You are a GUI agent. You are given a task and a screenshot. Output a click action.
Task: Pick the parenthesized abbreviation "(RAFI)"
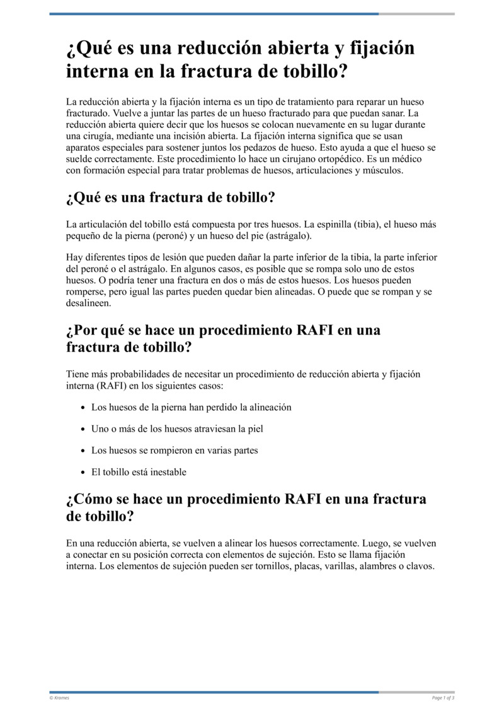click(87, 386)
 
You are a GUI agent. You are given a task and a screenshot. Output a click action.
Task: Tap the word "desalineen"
click(88, 303)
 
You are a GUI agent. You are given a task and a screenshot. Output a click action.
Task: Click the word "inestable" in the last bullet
click(166, 472)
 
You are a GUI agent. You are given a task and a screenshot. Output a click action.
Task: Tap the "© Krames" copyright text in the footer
click(59, 697)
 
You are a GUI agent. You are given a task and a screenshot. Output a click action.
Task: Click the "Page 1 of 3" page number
click(444, 697)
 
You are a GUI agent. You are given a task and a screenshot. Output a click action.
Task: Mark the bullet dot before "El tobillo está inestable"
click(83, 473)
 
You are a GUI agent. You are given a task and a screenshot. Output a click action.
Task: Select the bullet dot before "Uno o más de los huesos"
click(83, 430)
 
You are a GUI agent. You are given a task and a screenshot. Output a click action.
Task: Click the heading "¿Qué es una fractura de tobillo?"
click(171, 197)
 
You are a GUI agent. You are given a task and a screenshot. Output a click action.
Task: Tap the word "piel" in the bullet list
click(254, 429)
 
